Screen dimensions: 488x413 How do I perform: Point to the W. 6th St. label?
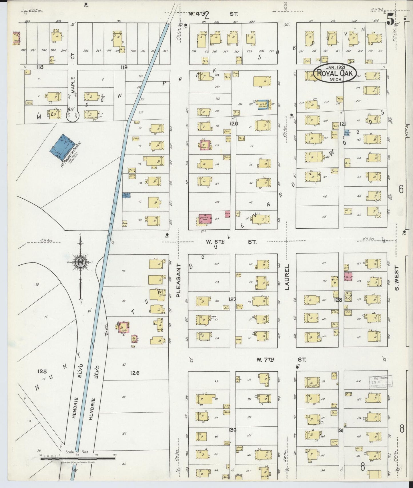231,242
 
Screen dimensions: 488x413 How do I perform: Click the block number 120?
234,123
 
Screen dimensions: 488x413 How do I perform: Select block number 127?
233,299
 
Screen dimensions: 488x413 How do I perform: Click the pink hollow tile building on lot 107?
205,219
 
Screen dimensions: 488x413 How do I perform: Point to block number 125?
42,371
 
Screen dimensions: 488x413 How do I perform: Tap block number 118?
39,67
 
